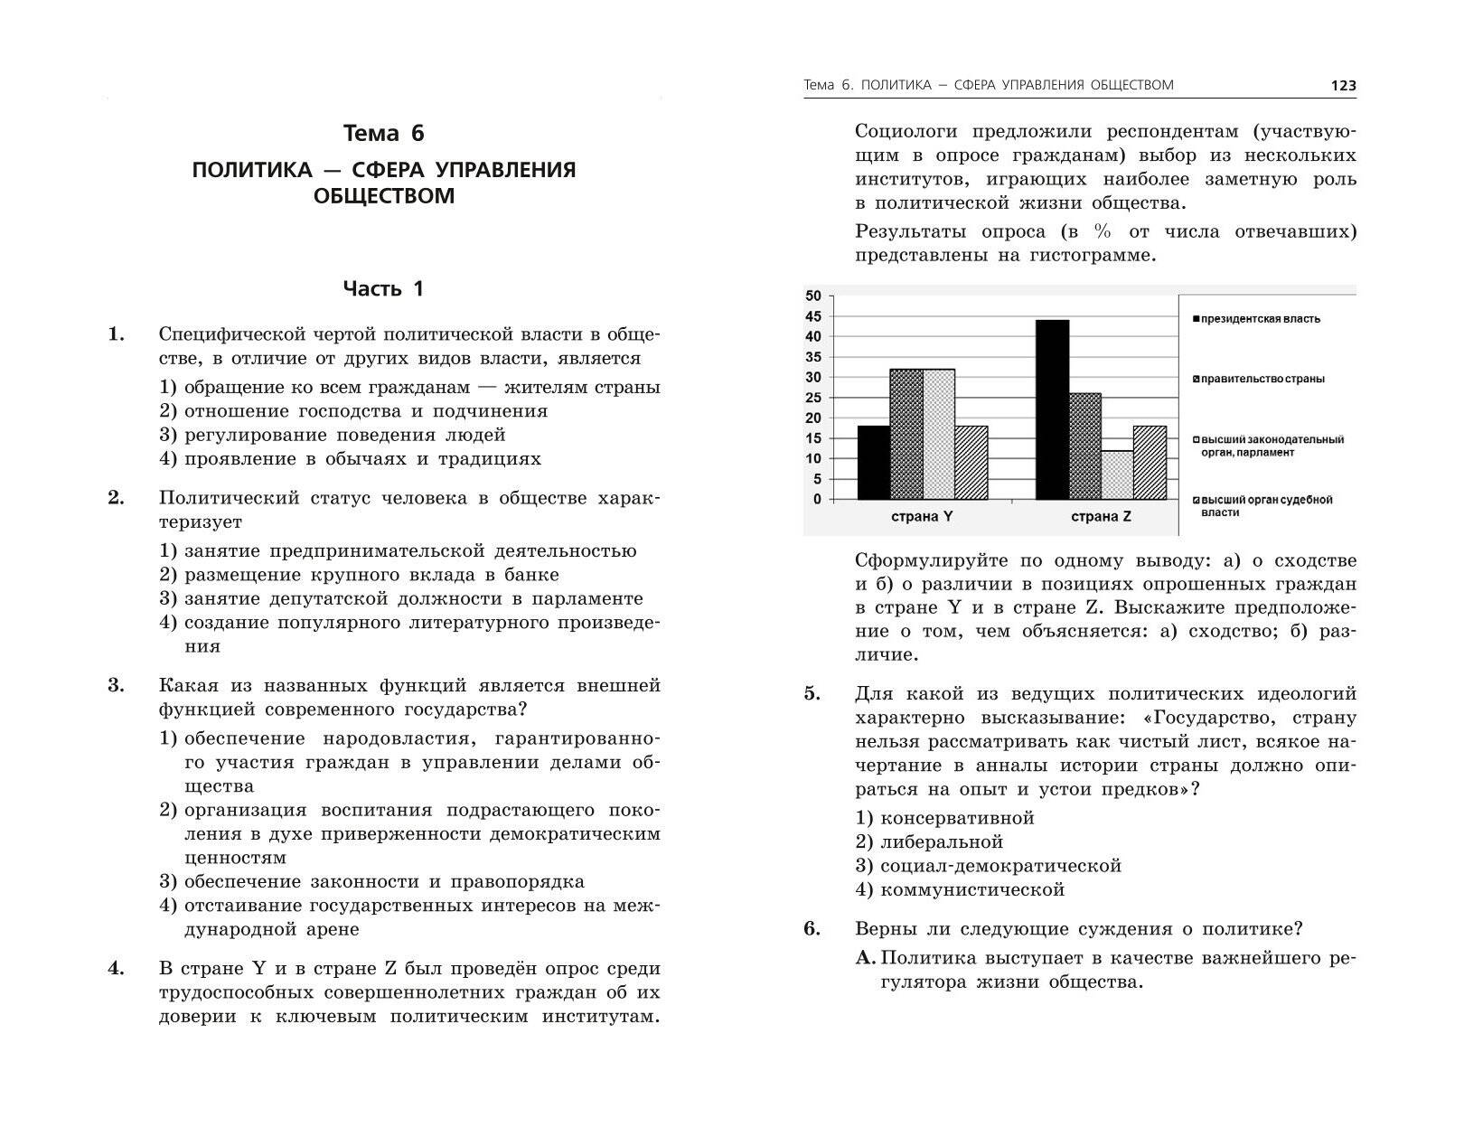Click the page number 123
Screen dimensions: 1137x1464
click(1343, 86)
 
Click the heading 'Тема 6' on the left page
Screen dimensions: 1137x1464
click(384, 134)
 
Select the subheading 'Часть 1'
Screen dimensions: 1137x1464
click(383, 289)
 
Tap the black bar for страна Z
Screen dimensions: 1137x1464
click(1052, 409)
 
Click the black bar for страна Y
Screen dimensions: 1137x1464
click(873, 462)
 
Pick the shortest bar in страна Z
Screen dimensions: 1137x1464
click(1117, 475)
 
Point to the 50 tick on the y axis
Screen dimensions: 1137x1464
click(812, 296)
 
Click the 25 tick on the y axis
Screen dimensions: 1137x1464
click(812, 398)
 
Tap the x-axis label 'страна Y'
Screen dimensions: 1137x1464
click(922, 518)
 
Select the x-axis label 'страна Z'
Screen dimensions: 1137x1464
click(1101, 518)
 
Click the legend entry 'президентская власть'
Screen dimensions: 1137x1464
click(1260, 319)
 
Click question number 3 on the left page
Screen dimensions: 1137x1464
click(117, 685)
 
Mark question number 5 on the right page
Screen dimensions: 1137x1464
click(812, 694)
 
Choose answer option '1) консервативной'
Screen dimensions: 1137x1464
click(944, 818)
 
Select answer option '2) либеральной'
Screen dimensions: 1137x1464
click(929, 841)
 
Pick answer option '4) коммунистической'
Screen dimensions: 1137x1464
click(960, 889)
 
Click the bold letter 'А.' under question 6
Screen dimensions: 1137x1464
click(866, 958)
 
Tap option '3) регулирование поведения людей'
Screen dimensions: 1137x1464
click(333, 435)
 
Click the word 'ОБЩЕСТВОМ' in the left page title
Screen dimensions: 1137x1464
click(384, 195)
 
